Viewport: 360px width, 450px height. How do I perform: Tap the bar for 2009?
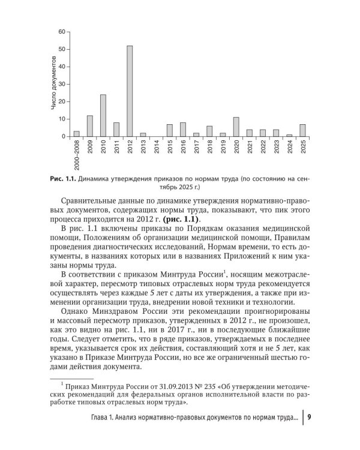pyautogui.click(x=89, y=126)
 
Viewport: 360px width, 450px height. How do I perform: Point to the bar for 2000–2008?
pyautogui.click(x=76, y=134)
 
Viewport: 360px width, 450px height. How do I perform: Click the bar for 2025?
pyautogui.click(x=303, y=131)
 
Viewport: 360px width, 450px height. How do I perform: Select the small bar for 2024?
pyautogui.click(x=290, y=136)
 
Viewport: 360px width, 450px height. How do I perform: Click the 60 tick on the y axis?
pyautogui.click(x=62, y=31)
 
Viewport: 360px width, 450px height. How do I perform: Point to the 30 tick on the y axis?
pyautogui.click(x=62, y=84)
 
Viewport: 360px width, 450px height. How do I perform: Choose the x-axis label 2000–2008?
pyautogui.click(x=76, y=157)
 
